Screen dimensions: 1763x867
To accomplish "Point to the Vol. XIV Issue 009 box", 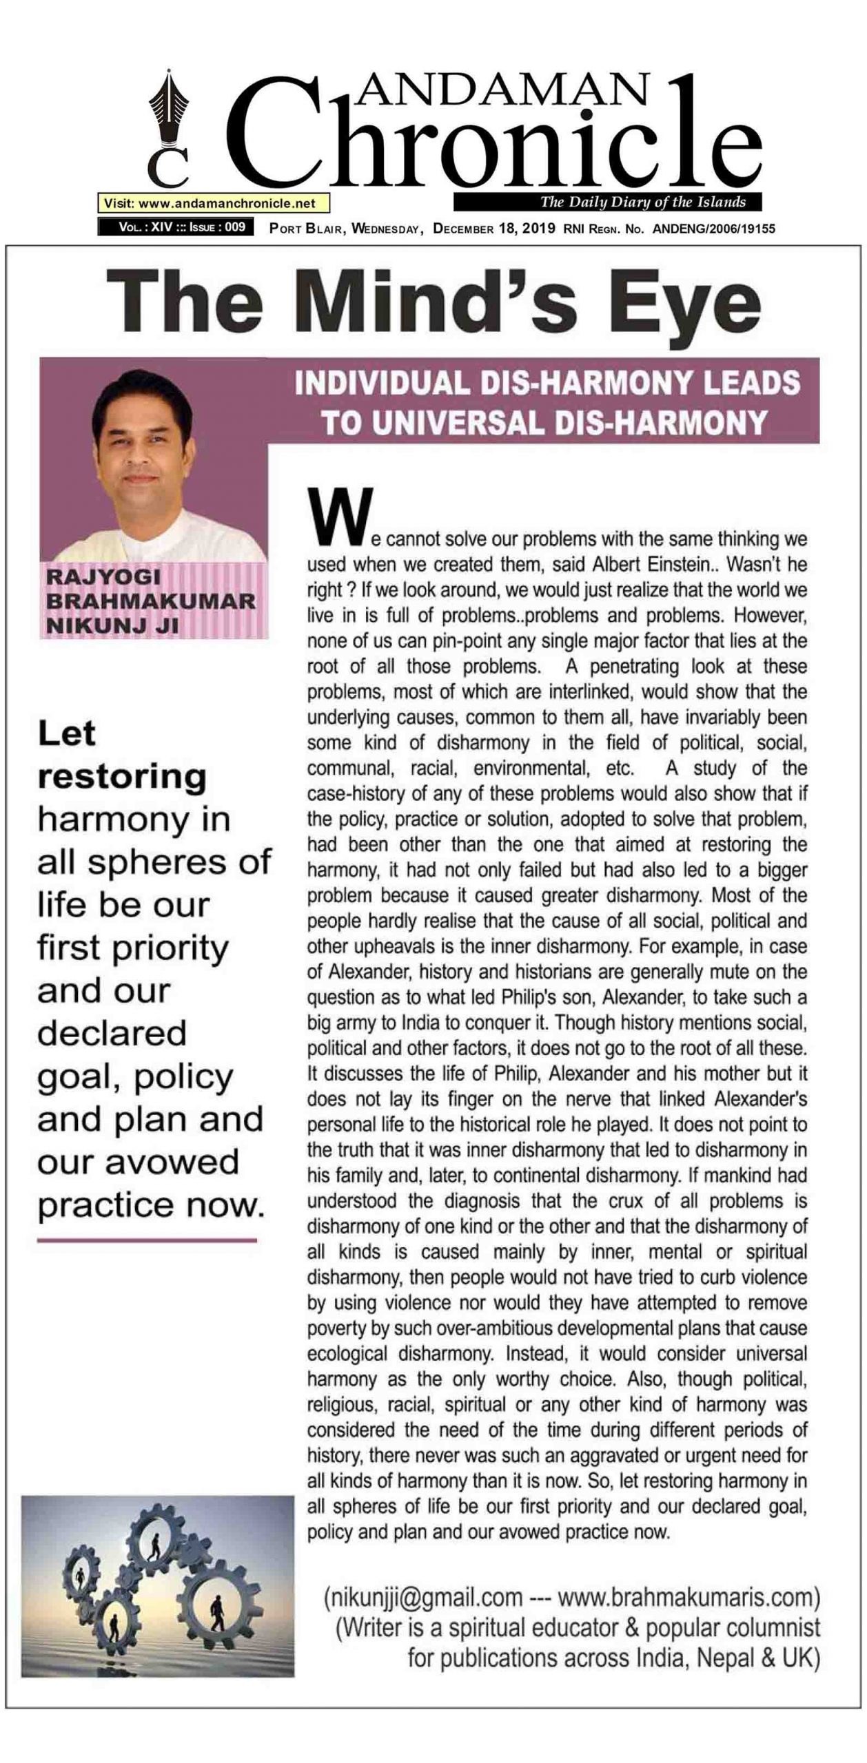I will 176,227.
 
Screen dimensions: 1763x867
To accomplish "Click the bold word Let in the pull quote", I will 67,734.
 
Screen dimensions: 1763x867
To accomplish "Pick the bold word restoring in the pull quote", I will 122,777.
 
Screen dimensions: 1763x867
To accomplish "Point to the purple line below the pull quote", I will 147,1240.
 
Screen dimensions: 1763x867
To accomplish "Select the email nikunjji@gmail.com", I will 423,1596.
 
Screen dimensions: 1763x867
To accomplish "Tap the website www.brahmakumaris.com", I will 686,1596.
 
